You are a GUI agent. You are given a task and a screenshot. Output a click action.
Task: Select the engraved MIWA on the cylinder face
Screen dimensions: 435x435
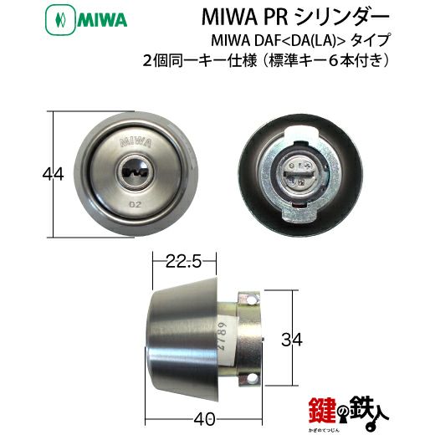132,141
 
